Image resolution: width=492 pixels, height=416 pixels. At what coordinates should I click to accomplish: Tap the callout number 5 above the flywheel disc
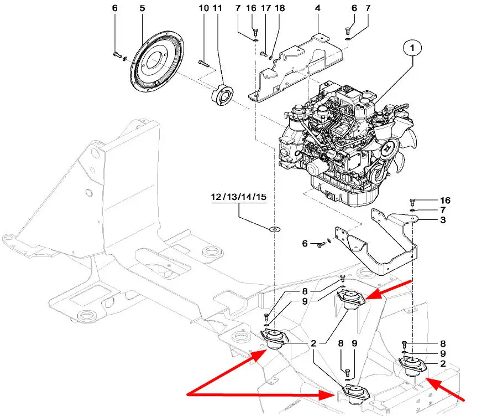pos(142,9)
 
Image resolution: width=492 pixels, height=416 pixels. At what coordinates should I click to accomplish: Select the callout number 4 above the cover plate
pos(318,9)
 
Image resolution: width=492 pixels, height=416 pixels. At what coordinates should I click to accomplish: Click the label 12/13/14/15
pos(238,197)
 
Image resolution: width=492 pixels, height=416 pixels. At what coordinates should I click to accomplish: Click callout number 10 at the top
pos(203,9)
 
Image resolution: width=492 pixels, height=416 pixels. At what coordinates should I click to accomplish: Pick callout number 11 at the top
pos(217,9)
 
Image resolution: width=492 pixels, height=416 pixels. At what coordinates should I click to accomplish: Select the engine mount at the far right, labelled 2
pos(415,366)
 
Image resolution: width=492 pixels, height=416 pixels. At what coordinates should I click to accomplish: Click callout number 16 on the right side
pos(445,200)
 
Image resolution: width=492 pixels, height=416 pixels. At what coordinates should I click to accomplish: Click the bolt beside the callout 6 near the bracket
pos(320,243)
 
